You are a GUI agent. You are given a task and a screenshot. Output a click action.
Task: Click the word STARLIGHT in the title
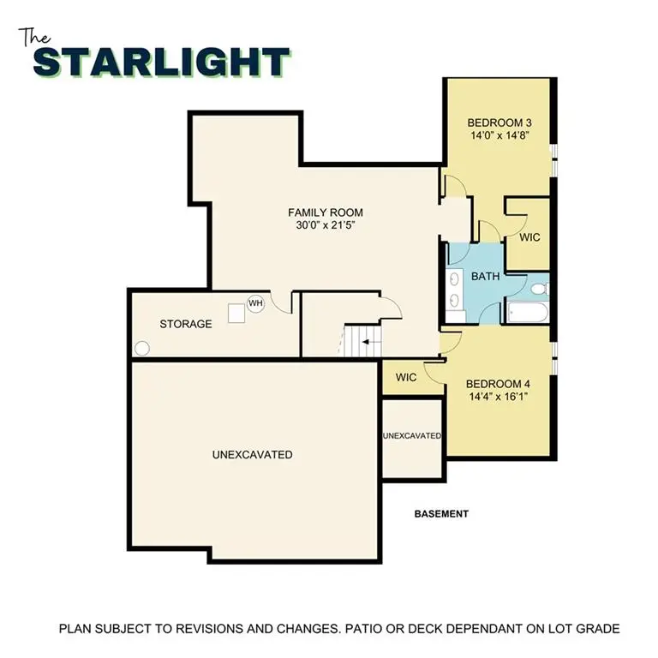click(x=161, y=62)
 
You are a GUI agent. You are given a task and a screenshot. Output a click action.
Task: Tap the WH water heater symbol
click(x=255, y=303)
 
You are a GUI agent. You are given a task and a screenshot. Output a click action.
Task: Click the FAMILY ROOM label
click(x=326, y=212)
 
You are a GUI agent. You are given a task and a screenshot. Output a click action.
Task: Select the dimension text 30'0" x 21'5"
click(x=326, y=226)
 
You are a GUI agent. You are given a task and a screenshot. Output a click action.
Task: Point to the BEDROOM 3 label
click(x=498, y=122)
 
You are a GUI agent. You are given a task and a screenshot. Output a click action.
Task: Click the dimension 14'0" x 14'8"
click(x=498, y=135)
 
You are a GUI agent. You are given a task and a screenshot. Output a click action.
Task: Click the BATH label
click(x=485, y=276)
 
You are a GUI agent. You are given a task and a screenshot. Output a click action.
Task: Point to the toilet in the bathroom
click(x=537, y=289)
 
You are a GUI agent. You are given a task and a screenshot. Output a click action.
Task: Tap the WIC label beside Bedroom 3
click(x=529, y=237)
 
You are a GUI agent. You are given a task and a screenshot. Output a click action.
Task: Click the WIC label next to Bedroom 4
click(x=406, y=377)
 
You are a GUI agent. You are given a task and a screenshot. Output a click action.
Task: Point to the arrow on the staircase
click(x=367, y=342)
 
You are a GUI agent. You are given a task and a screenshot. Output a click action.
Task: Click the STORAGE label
click(x=185, y=324)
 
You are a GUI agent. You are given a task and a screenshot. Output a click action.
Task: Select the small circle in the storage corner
click(x=142, y=349)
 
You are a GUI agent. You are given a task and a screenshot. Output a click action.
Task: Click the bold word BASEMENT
click(x=441, y=514)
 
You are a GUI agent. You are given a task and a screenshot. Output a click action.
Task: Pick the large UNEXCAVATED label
click(x=252, y=454)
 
